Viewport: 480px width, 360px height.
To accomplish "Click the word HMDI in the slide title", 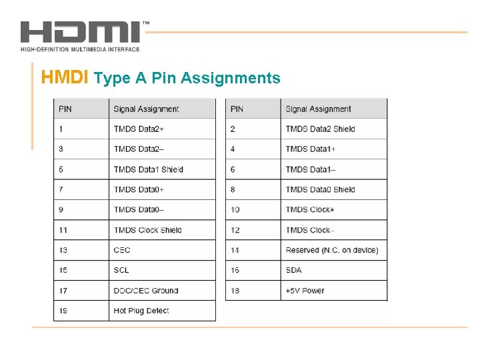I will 65,78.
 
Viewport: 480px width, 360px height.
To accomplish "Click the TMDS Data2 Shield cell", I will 320,129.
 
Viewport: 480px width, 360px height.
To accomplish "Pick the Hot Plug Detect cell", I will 141,311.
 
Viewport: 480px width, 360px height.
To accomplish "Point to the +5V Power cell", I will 305,291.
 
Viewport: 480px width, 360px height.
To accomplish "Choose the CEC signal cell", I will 122,250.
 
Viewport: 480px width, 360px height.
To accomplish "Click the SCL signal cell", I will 121,270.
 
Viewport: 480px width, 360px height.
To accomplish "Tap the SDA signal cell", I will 293,270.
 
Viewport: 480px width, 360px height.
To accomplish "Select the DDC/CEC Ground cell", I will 146,291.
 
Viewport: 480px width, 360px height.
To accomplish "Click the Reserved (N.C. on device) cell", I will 331,250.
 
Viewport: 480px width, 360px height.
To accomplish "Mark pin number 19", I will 63,311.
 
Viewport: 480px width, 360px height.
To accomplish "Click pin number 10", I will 235,209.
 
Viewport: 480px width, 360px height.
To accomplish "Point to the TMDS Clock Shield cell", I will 147,230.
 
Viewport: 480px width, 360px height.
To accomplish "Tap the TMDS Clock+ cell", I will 311,209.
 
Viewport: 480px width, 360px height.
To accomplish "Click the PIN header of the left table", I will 65,109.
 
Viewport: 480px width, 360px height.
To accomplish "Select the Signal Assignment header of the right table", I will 318,109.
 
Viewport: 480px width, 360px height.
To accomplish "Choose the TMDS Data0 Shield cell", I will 320,189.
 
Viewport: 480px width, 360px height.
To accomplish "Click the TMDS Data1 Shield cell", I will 148,169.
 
